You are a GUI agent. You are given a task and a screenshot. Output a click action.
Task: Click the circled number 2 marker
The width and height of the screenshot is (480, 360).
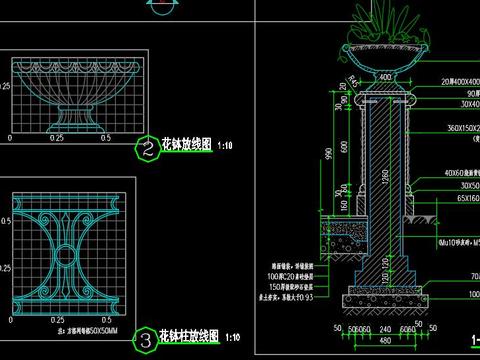point(148,150)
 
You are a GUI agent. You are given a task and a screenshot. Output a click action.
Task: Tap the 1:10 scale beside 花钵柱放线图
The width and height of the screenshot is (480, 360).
point(238,337)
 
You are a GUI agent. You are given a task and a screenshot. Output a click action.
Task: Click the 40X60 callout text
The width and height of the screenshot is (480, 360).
point(458,173)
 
